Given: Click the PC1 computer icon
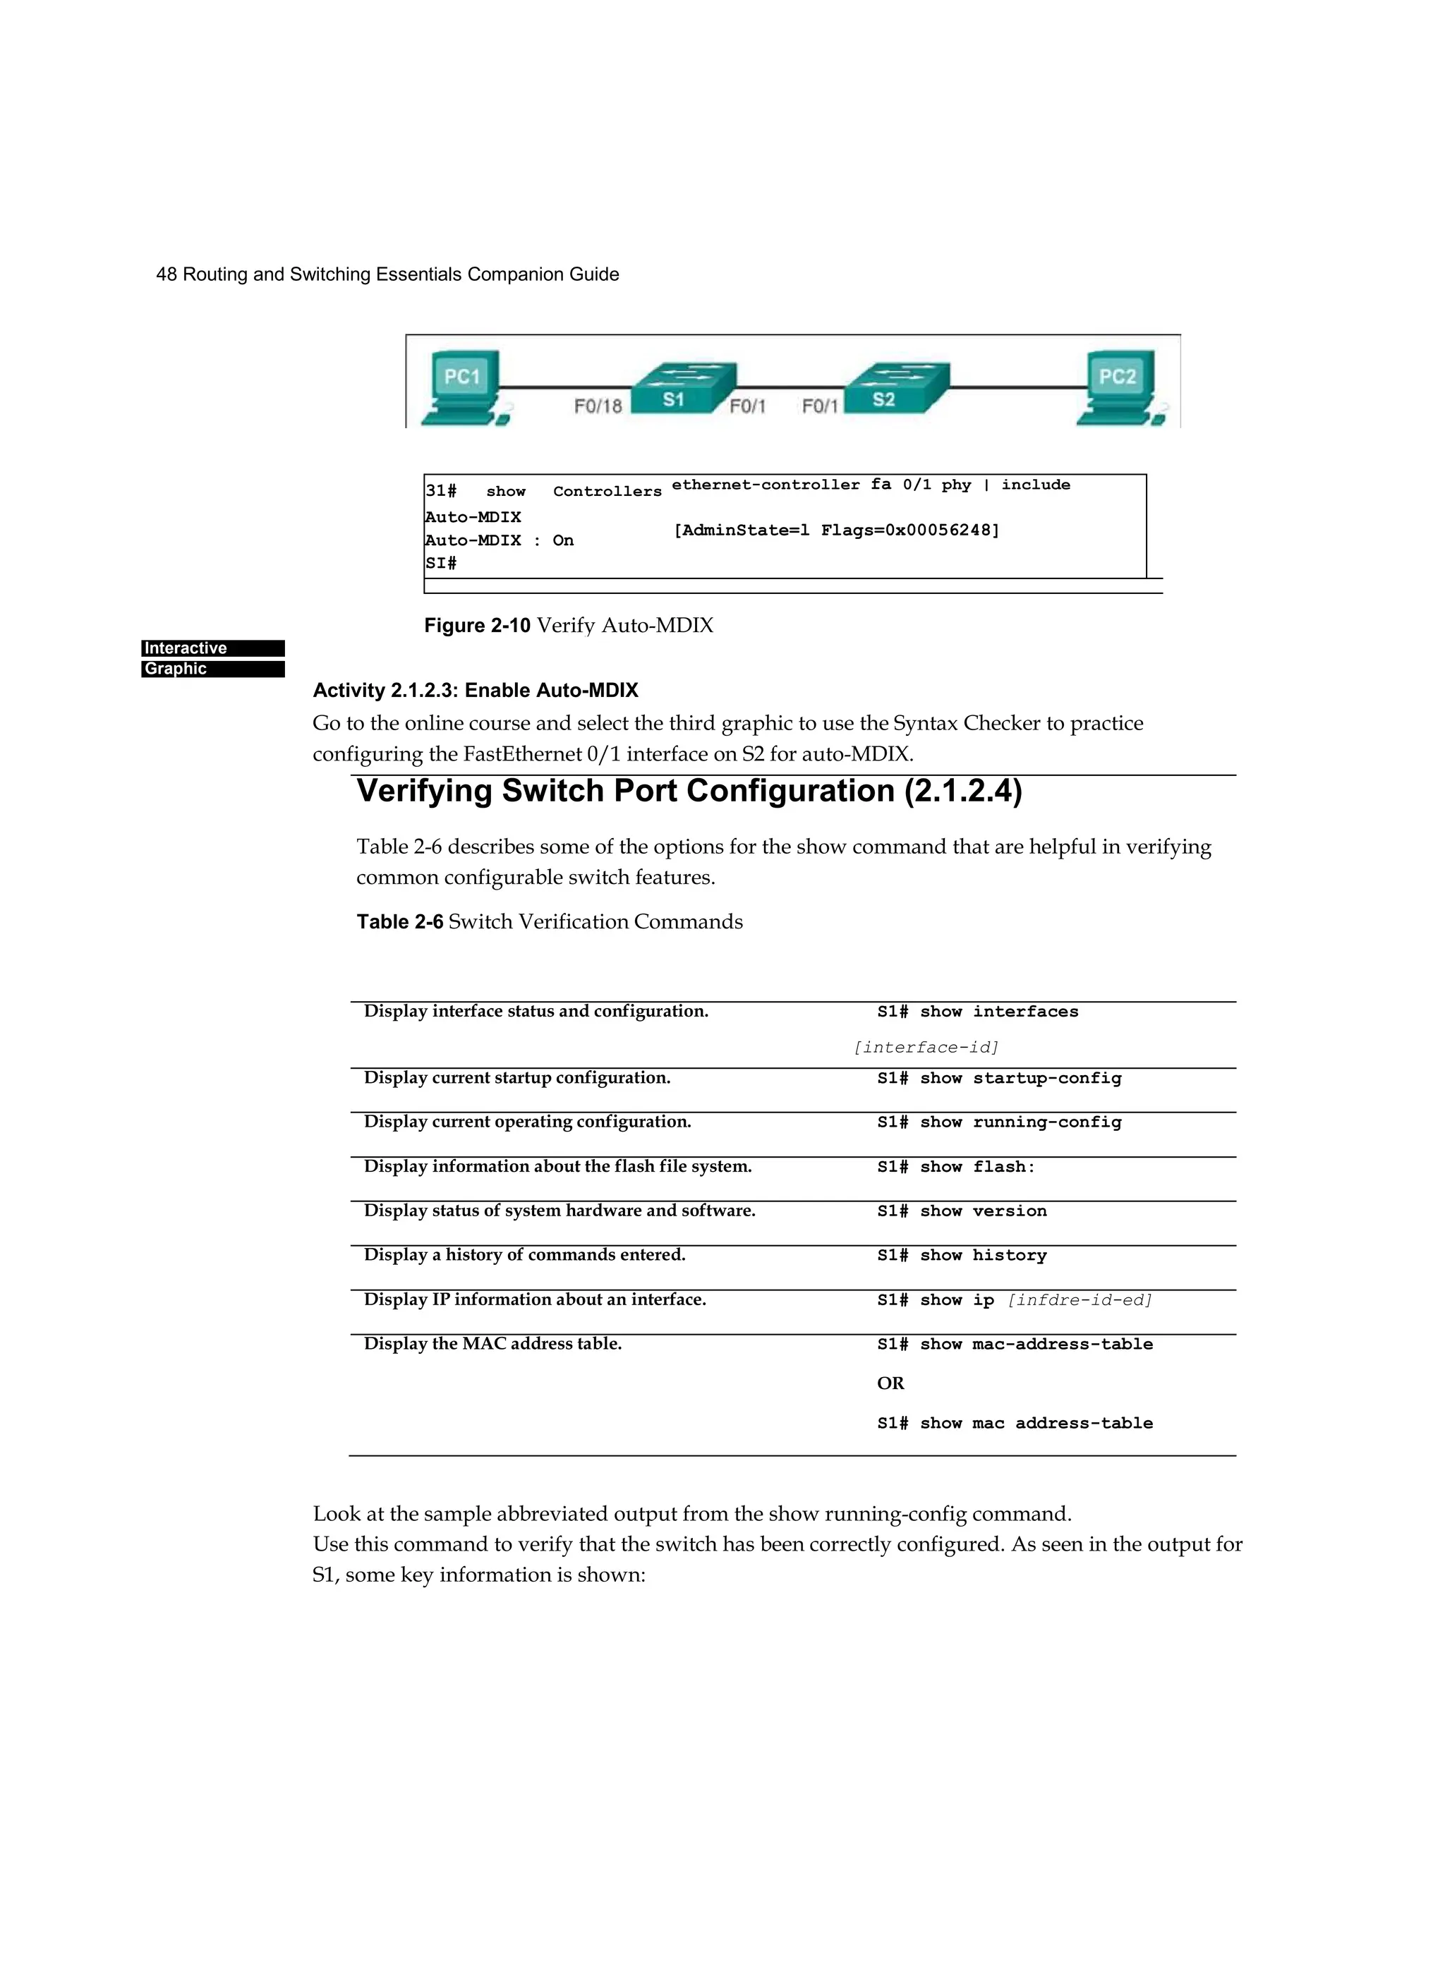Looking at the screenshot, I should click(x=462, y=388).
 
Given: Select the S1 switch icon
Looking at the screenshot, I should click(x=683, y=388).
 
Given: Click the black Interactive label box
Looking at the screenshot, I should click(x=213, y=648).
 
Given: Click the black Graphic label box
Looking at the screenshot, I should click(x=213, y=669).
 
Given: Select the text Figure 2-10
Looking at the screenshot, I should click(x=477, y=625).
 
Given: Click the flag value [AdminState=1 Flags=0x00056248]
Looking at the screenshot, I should click(x=835, y=531).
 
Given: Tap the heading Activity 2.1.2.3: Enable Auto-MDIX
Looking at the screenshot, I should click(x=476, y=690).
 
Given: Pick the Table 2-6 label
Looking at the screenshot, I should click(x=400, y=921).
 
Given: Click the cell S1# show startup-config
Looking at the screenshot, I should click(x=998, y=1078).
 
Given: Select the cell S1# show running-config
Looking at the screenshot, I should click(x=998, y=1122).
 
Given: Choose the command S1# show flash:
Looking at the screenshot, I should click(x=956, y=1167).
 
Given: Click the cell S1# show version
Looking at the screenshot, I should click(x=962, y=1211).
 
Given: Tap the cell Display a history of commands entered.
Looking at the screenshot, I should click(x=524, y=1254).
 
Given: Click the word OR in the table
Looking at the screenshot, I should click(x=890, y=1383).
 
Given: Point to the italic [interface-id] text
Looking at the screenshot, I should click(x=926, y=1048).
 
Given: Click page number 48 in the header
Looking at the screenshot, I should click(x=166, y=274).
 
